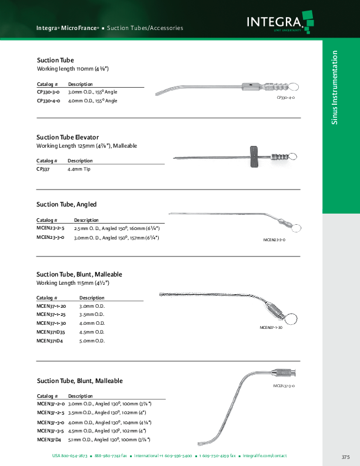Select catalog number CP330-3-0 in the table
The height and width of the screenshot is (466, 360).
(48, 92)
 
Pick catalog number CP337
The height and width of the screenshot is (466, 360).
(42, 169)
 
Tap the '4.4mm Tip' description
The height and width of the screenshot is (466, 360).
(79, 169)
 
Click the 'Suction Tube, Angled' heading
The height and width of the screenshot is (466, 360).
(66, 204)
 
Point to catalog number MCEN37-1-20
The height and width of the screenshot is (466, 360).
(51, 307)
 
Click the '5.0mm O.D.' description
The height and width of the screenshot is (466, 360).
(92, 341)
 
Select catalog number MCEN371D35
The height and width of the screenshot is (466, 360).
(51, 332)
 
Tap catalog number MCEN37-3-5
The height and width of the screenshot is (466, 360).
(50, 431)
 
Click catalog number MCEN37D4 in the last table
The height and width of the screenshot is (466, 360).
(49, 440)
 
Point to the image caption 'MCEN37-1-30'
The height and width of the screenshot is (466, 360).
(271, 327)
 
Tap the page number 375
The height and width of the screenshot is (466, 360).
(345, 457)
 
